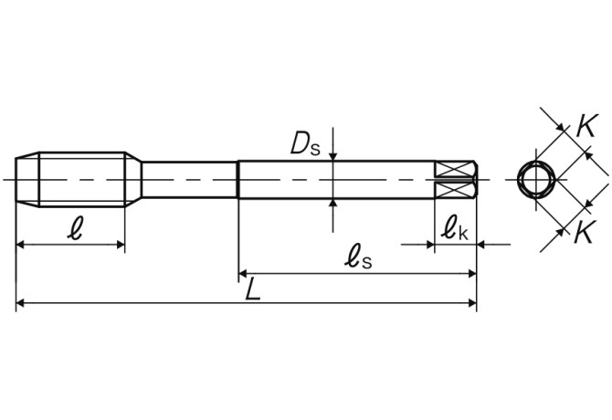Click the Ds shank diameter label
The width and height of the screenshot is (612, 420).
[305, 144]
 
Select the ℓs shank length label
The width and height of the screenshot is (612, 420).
[358, 258]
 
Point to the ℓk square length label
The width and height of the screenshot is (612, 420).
[454, 229]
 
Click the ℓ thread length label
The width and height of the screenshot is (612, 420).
[75, 229]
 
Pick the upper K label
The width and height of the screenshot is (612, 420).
[586, 126]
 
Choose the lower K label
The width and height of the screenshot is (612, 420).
[585, 231]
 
